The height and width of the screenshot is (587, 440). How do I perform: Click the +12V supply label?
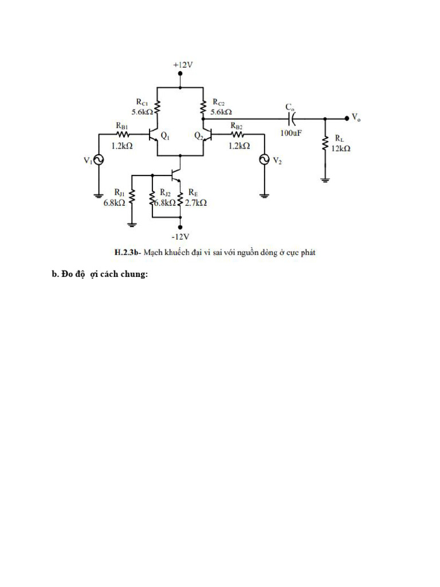(x=183, y=65)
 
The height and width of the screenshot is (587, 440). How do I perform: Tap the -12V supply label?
(x=180, y=236)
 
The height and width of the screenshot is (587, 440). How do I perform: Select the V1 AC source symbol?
(x=98, y=161)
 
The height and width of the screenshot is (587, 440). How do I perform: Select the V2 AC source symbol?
(x=264, y=161)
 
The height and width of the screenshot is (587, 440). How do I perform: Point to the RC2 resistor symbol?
(x=203, y=107)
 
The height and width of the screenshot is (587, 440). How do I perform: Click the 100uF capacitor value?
(x=291, y=133)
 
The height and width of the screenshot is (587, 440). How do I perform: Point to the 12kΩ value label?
(x=340, y=148)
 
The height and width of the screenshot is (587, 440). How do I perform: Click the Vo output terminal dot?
(x=347, y=118)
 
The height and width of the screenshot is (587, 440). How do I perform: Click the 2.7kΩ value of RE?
(x=196, y=203)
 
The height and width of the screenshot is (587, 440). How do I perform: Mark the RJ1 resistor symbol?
(x=132, y=198)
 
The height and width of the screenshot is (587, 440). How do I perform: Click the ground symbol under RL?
(x=325, y=179)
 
